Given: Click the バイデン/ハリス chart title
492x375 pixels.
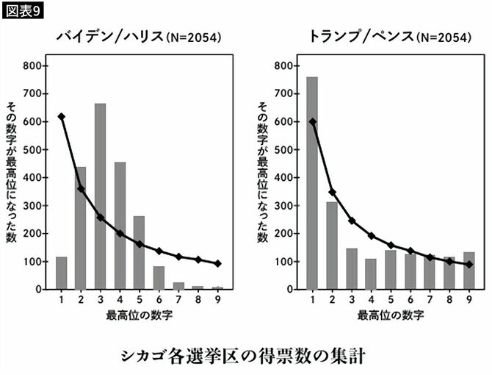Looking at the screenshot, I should point(140,36).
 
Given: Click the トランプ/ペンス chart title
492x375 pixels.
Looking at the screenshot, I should point(388,36).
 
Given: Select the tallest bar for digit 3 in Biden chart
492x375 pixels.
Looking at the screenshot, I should point(100,196).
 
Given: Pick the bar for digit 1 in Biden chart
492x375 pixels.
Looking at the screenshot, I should point(62,273).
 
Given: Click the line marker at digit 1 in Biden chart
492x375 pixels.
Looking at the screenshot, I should point(62,117).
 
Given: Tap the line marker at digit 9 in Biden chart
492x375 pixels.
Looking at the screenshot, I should point(217,263).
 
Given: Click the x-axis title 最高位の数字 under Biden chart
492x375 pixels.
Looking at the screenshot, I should point(139,316).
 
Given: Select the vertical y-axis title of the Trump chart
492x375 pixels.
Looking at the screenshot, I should point(261,173).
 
